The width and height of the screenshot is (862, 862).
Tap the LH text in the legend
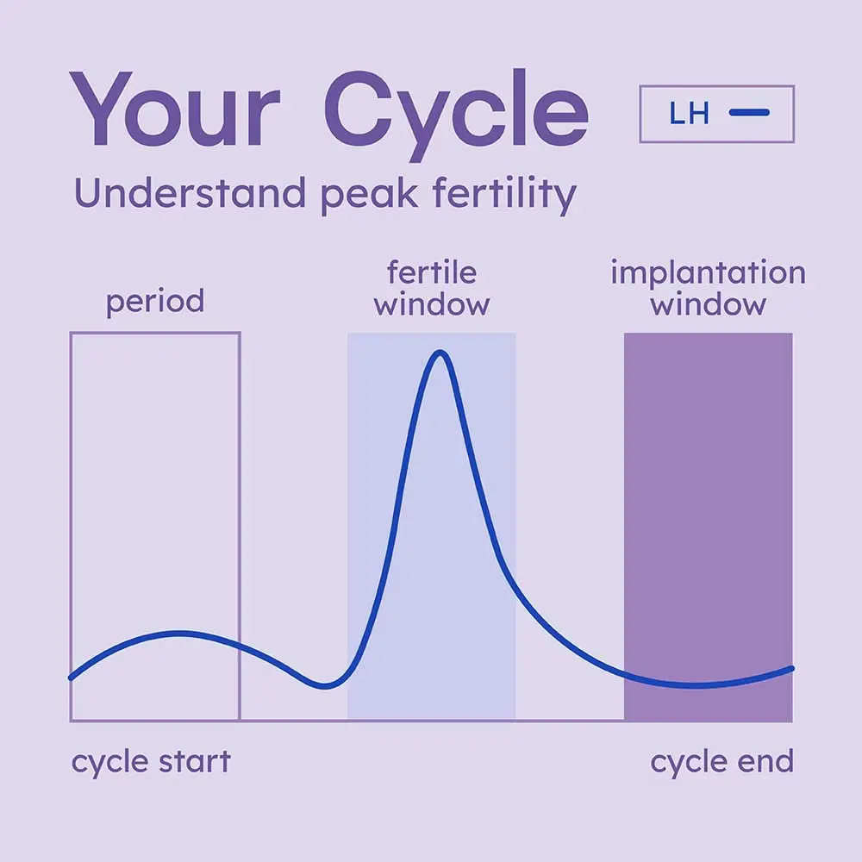688,113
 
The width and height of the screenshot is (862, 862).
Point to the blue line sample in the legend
749,113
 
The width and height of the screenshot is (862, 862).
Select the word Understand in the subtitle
190,195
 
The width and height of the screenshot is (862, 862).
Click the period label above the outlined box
155,303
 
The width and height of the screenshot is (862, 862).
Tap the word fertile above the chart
432,274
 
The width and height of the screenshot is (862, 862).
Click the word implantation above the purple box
708,274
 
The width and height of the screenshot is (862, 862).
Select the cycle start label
151,762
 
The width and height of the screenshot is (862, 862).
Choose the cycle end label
721,762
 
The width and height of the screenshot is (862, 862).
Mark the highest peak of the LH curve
440,352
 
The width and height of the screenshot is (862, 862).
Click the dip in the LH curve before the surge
325,686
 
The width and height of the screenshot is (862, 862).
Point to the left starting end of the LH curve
71,678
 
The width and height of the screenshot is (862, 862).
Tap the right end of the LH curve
790,668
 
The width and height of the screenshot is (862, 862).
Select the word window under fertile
432,304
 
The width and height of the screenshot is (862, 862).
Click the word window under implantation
708,304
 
